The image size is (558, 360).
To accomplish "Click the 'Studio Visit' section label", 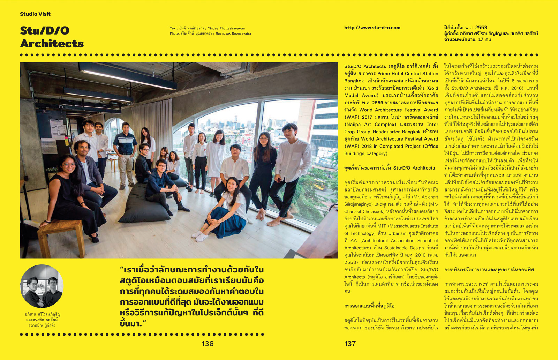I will [35, 14].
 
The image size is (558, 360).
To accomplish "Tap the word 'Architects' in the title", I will [52, 44].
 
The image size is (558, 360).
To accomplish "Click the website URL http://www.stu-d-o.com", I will [372, 28].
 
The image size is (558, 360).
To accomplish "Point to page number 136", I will [208, 344].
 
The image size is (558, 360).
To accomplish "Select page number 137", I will [350, 344].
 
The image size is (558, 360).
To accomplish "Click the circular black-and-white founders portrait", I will [42, 286].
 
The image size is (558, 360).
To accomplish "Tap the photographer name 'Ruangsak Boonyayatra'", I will [233, 34].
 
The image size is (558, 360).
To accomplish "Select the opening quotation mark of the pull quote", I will [122, 269].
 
